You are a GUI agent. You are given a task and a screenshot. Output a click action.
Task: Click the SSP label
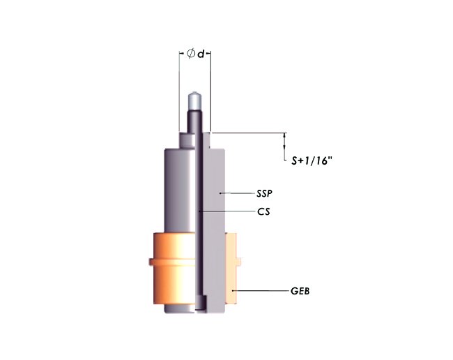pyautogui.click(x=265, y=192)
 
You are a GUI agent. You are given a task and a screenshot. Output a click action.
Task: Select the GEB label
pyautogui.click(x=300, y=291)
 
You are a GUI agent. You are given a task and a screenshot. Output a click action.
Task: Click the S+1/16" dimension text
pyautogui.click(x=311, y=160)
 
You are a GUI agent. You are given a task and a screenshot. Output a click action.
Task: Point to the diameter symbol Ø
pyautogui.click(x=190, y=54)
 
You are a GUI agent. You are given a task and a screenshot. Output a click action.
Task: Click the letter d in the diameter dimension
pyautogui.click(x=201, y=54)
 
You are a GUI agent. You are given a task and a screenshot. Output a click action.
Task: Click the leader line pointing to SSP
pyautogui.click(x=236, y=192)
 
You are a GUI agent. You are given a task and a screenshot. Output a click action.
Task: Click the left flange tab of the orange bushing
pyautogui.click(x=151, y=262)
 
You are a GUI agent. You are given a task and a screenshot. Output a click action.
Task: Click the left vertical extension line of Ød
pyautogui.click(x=179, y=91)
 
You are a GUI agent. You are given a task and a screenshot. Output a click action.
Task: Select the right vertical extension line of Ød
pyautogui.click(x=210, y=91)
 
